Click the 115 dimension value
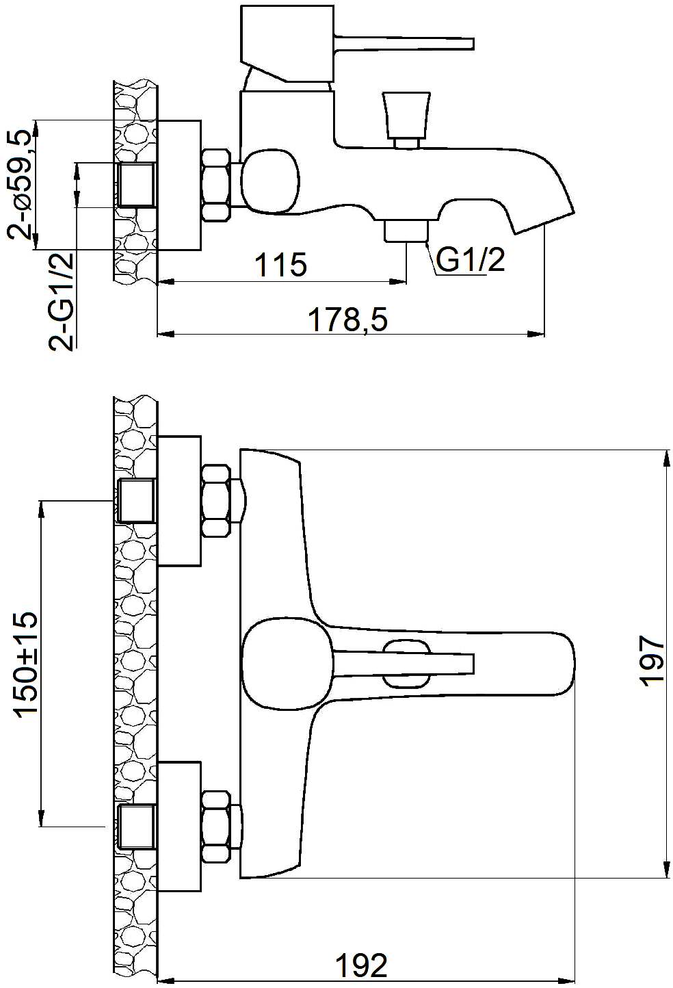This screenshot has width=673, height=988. coord(280,265)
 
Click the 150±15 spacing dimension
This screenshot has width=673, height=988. coord(27,671)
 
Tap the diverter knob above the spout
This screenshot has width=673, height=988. coord(406,120)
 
